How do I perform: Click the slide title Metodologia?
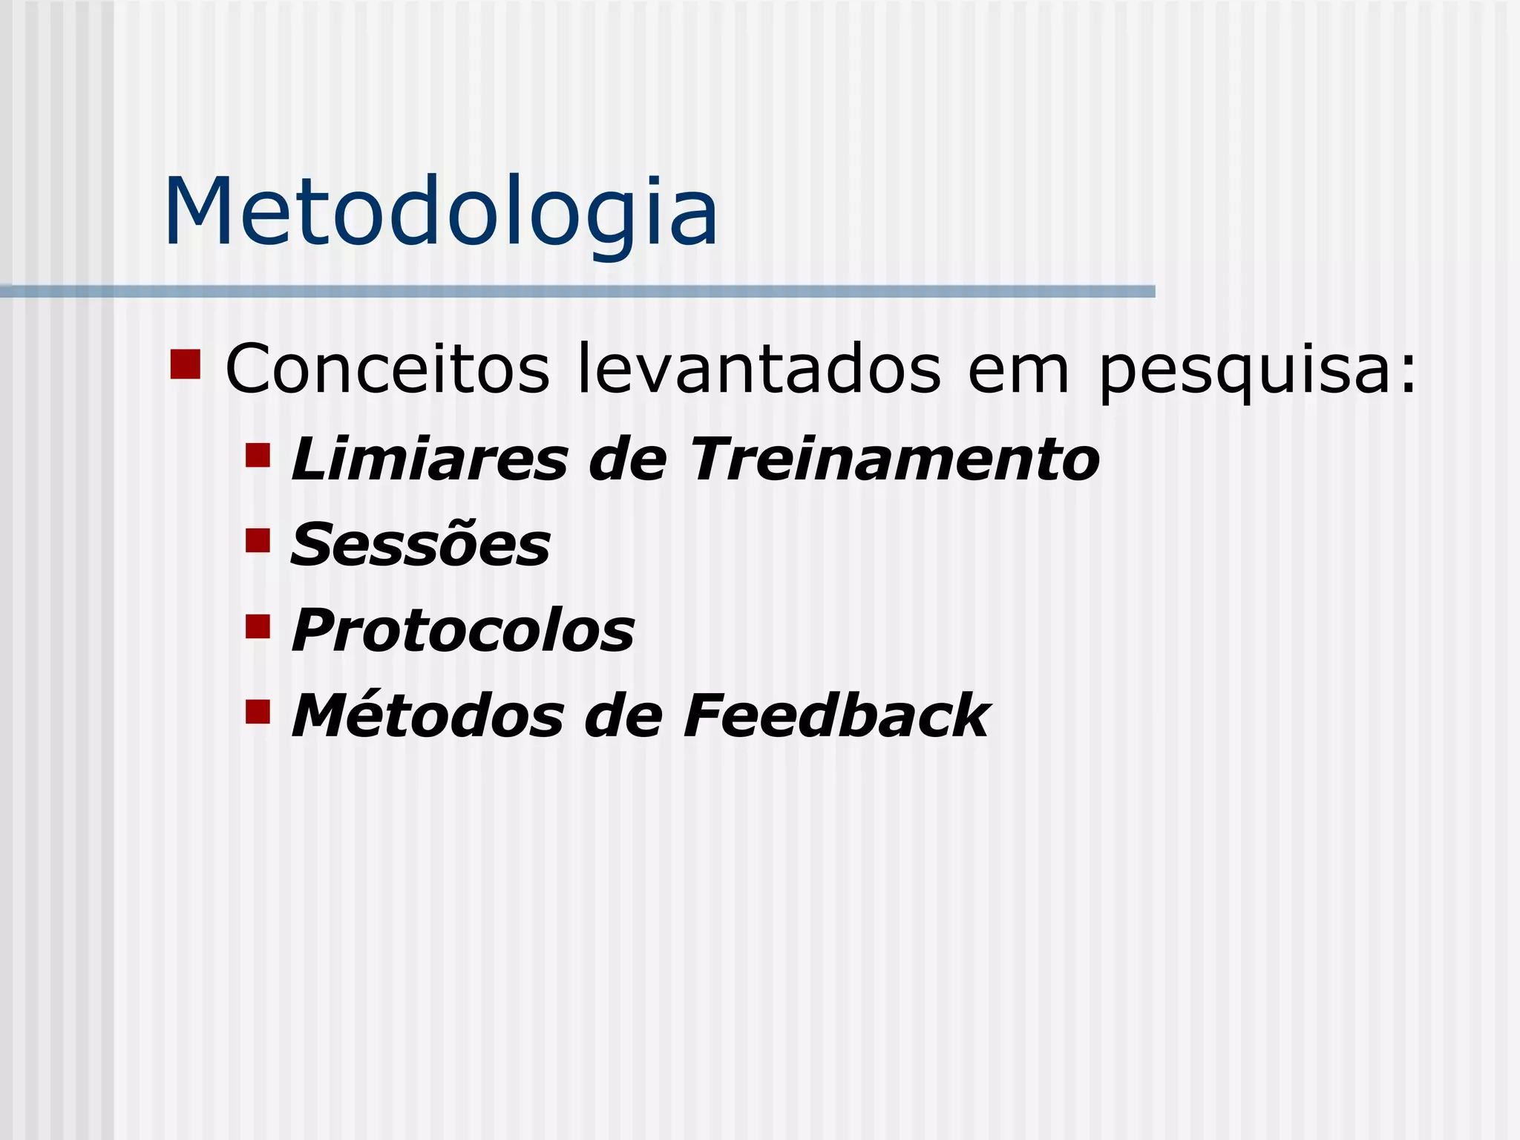click(441, 214)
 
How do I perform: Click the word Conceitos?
click(387, 369)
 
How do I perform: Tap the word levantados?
click(759, 369)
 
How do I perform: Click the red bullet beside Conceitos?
click(185, 364)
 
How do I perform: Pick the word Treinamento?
click(894, 459)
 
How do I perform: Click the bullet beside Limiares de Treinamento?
click(258, 455)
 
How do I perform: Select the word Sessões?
click(420, 545)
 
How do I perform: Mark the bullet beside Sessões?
click(258, 540)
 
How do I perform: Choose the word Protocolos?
click(463, 631)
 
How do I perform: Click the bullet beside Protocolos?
click(258, 626)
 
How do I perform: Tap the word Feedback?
click(836, 716)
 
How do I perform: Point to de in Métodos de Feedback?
click(623, 716)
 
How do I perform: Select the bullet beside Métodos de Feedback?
click(258, 712)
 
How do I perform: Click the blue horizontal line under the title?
click(577, 292)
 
